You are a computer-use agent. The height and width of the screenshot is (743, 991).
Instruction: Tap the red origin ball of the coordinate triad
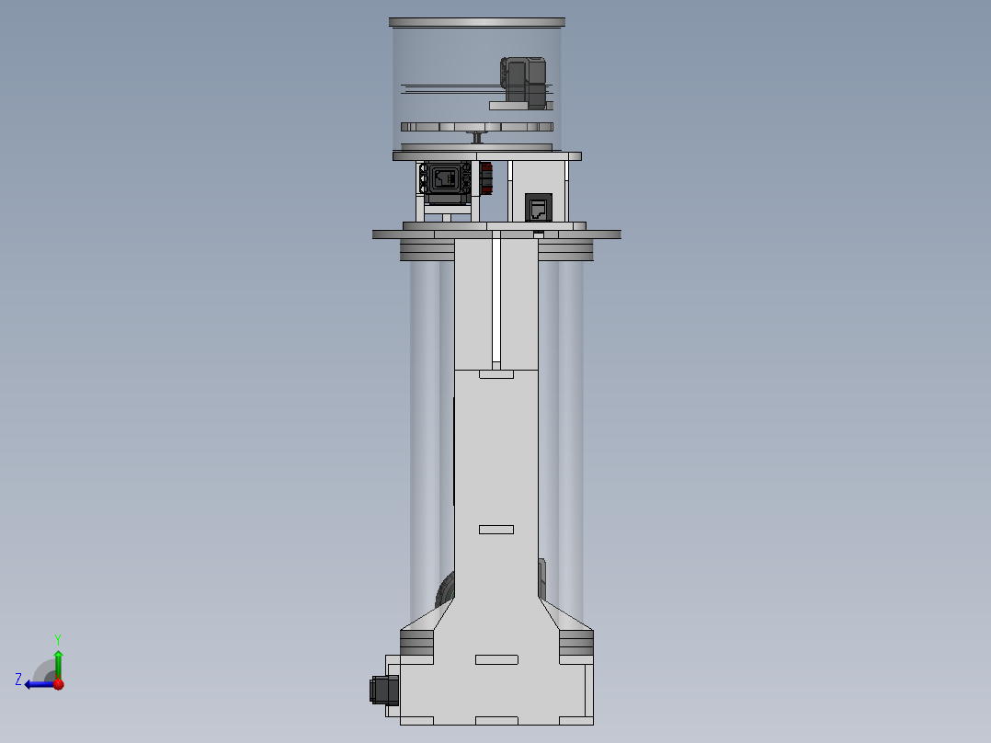(58, 683)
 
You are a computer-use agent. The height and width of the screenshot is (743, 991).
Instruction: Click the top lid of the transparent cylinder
(477, 21)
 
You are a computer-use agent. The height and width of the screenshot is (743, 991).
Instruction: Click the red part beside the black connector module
(486, 178)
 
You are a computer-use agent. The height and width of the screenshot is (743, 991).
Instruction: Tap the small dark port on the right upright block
(539, 207)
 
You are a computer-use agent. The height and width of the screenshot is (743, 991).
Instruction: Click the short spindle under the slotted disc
(478, 137)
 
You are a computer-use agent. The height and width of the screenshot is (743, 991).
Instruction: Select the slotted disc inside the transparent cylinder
(477, 126)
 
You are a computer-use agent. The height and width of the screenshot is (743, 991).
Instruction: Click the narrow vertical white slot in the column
(495, 299)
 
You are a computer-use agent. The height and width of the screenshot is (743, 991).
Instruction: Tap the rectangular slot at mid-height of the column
(496, 529)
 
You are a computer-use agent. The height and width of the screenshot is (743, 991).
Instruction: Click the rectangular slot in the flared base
(496, 659)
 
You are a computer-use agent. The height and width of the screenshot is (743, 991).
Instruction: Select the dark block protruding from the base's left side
(382, 691)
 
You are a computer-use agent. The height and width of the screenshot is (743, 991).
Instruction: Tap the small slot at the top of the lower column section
(496, 373)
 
